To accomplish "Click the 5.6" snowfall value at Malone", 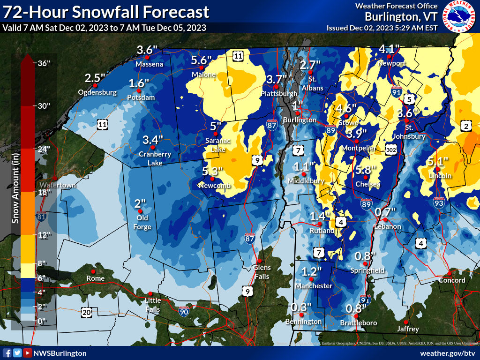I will click(202, 60).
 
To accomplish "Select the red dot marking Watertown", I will click(55, 178).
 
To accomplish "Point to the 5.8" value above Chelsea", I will click(366, 170).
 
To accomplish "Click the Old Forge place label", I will click(143, 223).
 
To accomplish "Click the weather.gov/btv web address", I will click(448, 353).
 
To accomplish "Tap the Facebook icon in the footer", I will click(7, 353).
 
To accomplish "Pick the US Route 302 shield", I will click(392, 149).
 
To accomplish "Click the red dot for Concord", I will click(449, 273).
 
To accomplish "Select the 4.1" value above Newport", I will click(389, 49).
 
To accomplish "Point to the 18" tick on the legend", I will click(44, 192).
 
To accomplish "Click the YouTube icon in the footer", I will click(28, 353).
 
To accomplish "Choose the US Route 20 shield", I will click(86, 312).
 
